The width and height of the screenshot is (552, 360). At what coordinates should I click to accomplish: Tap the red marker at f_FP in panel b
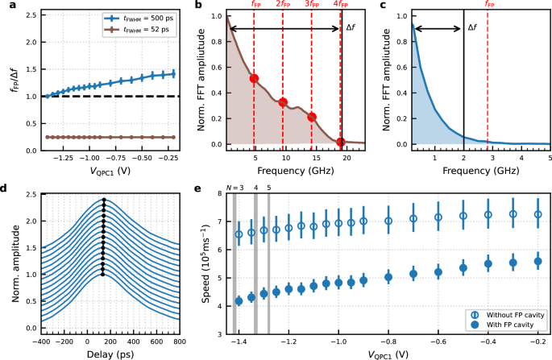tap(254, 79)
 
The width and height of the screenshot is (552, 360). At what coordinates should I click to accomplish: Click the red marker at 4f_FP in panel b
tap(340, 143)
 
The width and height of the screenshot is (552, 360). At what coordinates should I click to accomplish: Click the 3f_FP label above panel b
tap(311, 5)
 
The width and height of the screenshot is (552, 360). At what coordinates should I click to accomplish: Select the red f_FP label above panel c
tap(488, 5)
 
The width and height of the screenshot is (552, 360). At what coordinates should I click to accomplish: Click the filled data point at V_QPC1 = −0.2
tap(538, 261)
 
